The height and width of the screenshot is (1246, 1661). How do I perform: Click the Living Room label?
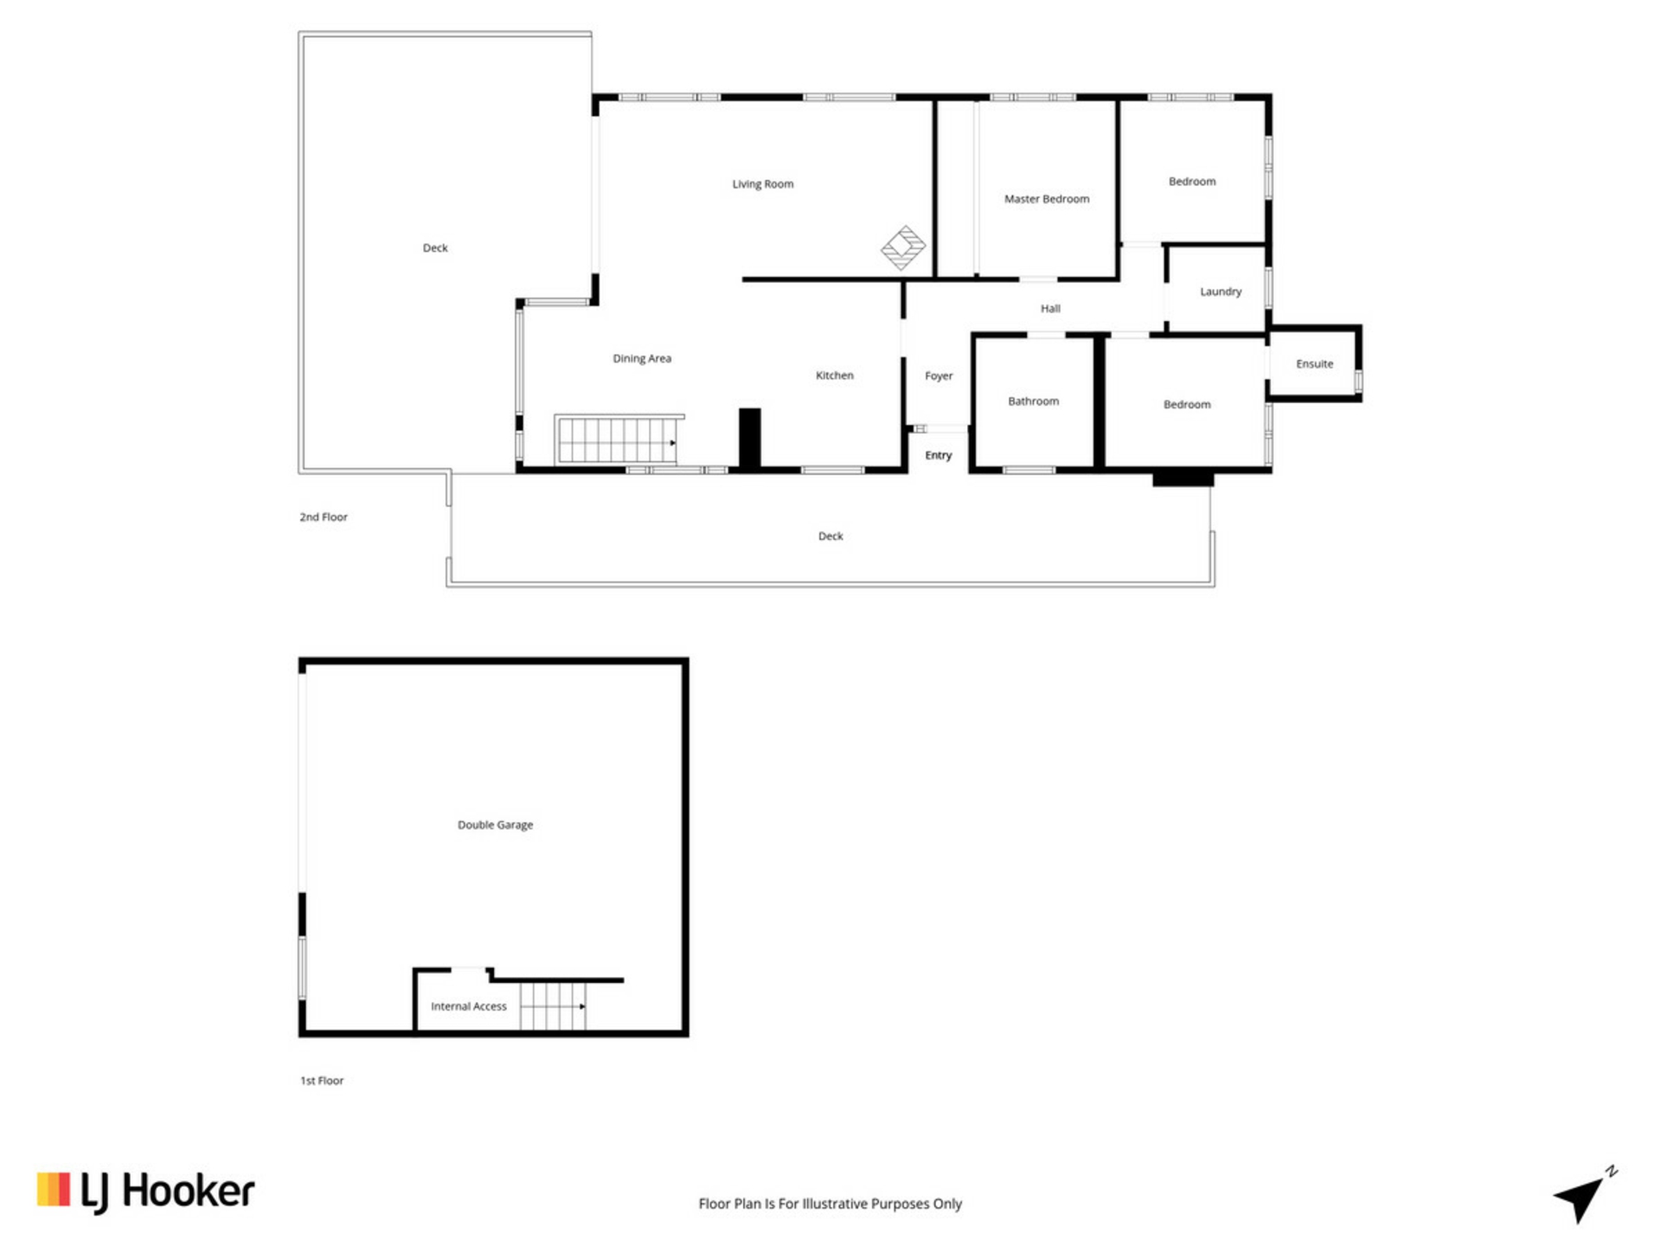pos(762,184)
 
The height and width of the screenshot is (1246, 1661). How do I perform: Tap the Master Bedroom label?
pos(1047,199)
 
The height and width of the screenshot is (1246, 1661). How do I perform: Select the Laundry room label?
pos(1221,292)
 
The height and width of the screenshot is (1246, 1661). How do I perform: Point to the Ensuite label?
pos(1314,364)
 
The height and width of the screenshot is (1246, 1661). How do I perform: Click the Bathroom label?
pos(1033,401)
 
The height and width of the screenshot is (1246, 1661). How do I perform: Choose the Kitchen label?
pos(834,376)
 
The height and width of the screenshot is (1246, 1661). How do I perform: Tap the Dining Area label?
pos(642,358)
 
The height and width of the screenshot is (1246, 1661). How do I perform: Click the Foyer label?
pos(939,376)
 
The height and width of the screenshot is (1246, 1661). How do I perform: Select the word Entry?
pos(939,455)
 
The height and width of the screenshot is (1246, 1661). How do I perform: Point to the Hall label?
pos(1050,309)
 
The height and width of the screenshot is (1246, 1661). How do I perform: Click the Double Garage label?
pos(495,825)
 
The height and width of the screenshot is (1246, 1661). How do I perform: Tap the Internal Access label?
pos(469,1006)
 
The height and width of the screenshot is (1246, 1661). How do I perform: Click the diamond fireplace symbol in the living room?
pos(903,247)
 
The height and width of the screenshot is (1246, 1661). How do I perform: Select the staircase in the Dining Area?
pos(618,440)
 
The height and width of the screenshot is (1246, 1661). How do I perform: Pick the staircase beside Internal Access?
pos(553,1006)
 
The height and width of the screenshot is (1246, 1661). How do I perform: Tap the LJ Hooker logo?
pos(145,1191)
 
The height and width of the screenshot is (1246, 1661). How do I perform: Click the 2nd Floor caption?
pos(324,517)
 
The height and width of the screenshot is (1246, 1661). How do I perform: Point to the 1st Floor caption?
pos(322,1081)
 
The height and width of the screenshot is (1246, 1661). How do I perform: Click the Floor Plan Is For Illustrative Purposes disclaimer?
pos(830,1204)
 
